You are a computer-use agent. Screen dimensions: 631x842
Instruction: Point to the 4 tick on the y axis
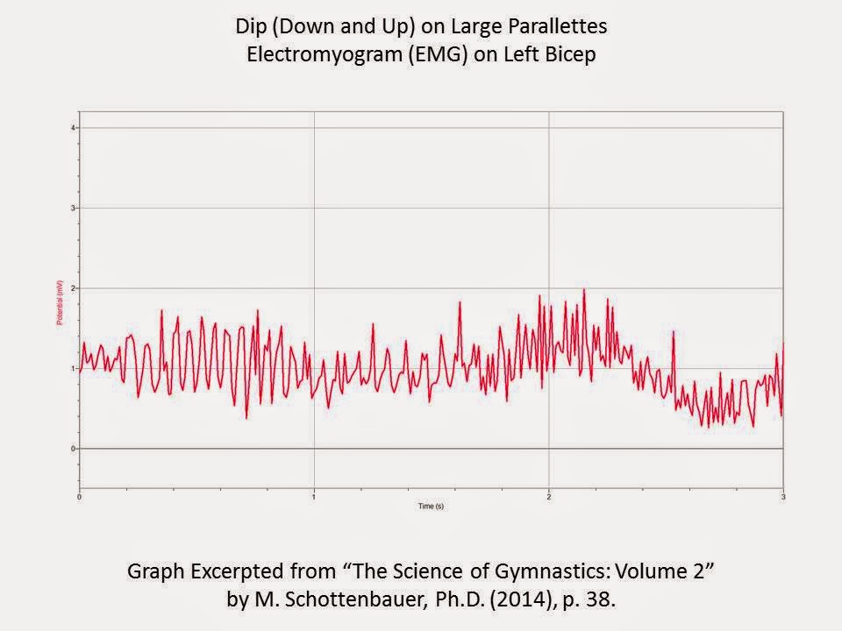(74, 128)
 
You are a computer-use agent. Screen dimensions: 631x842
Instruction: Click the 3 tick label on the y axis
(74, 209)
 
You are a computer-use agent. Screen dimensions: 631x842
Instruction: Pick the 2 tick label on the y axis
(74, 288)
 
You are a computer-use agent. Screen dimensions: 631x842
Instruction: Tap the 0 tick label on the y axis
(74, 449)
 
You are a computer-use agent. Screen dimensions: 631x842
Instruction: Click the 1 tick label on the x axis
(314, 497)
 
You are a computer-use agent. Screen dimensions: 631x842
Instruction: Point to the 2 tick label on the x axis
(549, 497)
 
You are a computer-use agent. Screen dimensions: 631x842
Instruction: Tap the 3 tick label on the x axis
(782, 497)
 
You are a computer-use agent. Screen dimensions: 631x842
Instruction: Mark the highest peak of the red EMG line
(583, 290)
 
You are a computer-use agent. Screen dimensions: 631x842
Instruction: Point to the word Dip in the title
(251, 27)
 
